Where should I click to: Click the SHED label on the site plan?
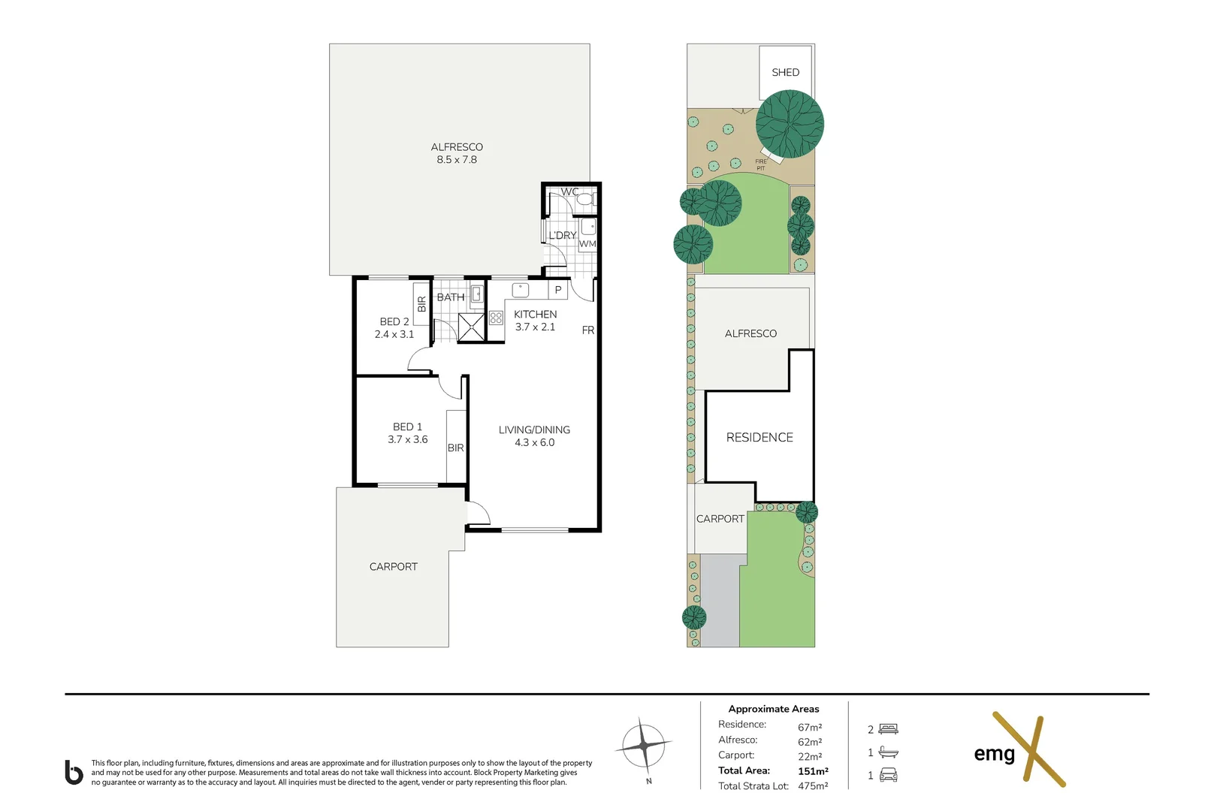(x=785, y=72)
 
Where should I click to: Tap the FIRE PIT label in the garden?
(x=761, y=164)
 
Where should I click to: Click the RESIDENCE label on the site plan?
(x=759, y=437)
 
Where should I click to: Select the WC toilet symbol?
(x=585, y=200)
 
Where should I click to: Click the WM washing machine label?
(x=587, y=243)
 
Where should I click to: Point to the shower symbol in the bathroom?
(x=471, y=327)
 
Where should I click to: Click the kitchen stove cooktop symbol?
(x=496, y=318)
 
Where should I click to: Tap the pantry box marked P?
(x=557, y=289)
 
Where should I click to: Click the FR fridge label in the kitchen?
(x=587, y=330)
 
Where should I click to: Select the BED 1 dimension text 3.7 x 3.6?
(x=407, y=439)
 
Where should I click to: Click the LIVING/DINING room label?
(x=534, y=430)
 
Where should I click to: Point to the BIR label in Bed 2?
(x=421, y=303)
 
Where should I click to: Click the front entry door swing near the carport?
(x=478, y=513)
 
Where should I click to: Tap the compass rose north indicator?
(x=645, y=746)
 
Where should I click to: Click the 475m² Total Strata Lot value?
(x=813, y=785)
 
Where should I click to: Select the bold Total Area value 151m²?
(x=813, y=770)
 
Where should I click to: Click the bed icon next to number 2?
(x=889, y=728)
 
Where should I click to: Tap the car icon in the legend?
(x=888, y=775)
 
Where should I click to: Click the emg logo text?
(x=994, y=753)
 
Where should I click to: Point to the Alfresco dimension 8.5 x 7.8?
(x=457, y=159)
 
